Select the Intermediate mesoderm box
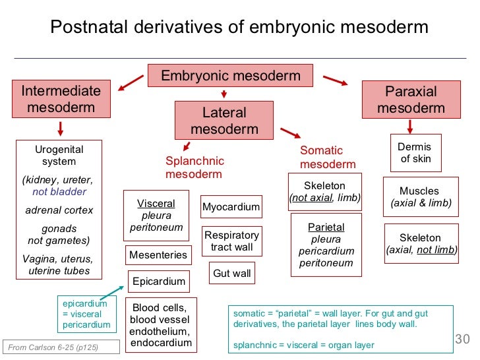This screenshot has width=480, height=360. tap(61, 99)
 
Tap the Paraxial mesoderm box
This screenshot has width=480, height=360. tap(411, 100)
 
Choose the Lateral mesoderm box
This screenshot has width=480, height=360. tap(224, 121)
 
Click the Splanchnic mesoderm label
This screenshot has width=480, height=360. tap(195, 167)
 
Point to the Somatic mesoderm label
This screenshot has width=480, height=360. tap(328, 158)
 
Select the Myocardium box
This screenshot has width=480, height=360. tap(231, 207)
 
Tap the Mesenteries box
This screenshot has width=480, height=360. tap(158, 255)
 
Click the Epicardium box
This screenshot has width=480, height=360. tap(159, 282)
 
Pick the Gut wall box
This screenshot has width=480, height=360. tap(231, 273)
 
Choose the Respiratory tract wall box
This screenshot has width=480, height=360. tap(231, 241)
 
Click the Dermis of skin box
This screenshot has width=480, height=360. tap(415, 153)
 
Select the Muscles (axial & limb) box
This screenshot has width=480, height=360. tap(421, 197)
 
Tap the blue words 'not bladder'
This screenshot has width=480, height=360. tap(59, 192)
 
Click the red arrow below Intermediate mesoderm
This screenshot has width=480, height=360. tap(61, 127)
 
